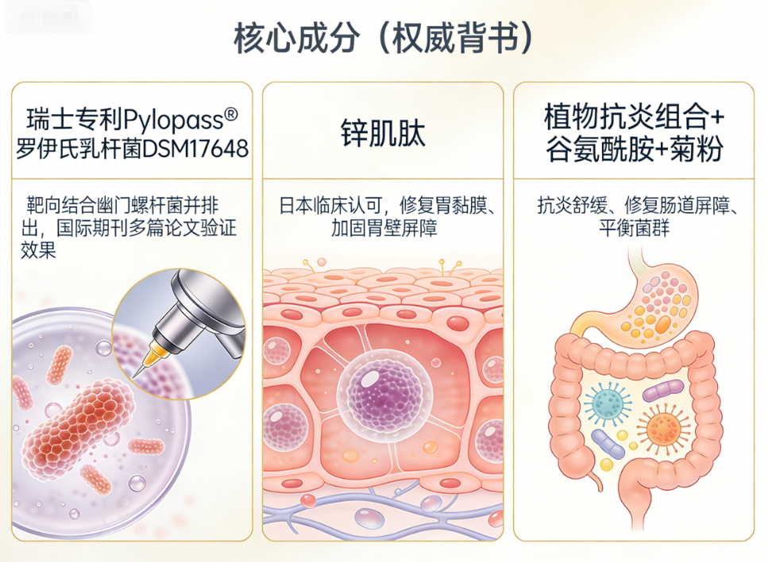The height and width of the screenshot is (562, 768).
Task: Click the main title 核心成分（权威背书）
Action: pyautogui.click(x=384, y=37)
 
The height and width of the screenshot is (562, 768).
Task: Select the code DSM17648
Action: pyautogui.click(x=204, y=148)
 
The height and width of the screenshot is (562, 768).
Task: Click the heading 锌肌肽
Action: pyautogui.click(x=383, y=133)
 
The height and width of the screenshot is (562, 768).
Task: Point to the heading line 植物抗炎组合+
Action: pyautogui.click(x=634, y=118)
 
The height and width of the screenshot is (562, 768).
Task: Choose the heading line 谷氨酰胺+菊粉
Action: pyautogui.click(x=634, y=148)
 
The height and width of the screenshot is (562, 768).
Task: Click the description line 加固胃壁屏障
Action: pyautogui.click(x=384, y=229)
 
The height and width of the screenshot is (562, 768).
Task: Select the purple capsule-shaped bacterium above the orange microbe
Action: pyautogui.click(x=662, y=390)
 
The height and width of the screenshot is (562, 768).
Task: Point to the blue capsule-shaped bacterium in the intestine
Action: pyautogui.click(x=608, y=445)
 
